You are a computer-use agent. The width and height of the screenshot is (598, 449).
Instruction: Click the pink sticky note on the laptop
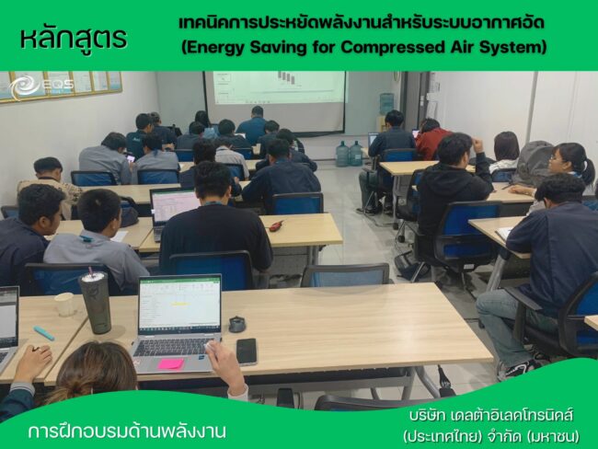click(170, 363)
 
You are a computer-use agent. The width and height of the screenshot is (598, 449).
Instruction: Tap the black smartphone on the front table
click(246, 351)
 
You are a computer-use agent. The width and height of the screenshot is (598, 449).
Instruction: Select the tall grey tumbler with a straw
click(95, 302)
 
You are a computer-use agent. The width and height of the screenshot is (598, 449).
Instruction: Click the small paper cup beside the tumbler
click(63, 305)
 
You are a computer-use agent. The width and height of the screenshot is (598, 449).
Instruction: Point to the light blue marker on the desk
click(43, 333)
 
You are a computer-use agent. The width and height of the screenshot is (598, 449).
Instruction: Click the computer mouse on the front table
click(236, 324)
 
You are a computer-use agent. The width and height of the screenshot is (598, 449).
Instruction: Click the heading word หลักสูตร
click(73, 39)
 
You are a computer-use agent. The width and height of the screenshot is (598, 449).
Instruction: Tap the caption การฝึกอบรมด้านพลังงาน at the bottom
click(127, 430)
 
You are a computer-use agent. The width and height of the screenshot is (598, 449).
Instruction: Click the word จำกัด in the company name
click(498, 433)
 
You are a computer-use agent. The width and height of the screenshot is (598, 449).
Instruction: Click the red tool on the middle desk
click(275, 224)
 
